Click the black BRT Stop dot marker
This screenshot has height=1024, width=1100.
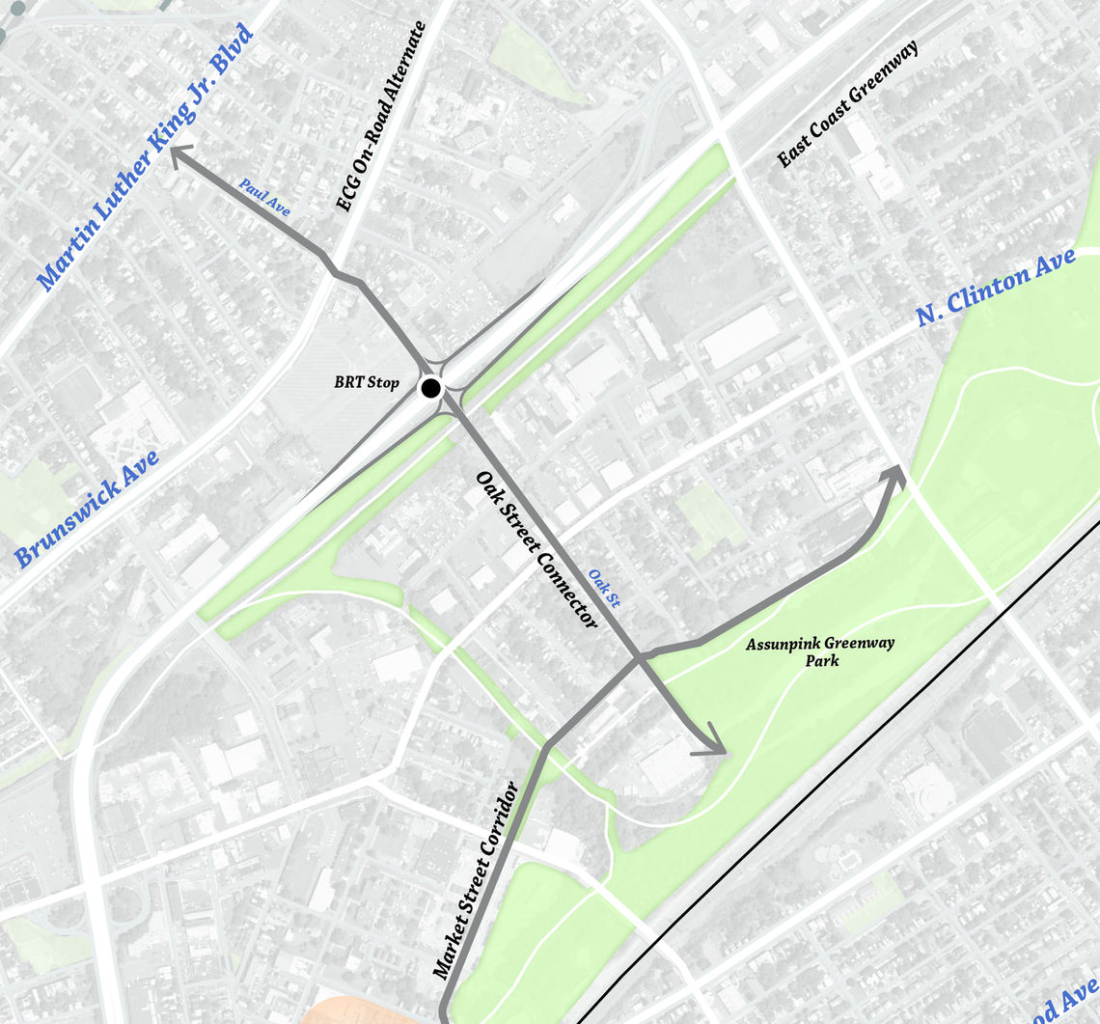(430, 388)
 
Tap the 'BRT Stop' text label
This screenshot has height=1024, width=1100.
(367, 383)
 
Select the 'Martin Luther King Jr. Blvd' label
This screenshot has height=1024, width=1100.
(145, 158)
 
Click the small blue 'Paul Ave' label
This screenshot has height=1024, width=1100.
(265, 197)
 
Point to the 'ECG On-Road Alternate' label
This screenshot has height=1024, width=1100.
(380, 118)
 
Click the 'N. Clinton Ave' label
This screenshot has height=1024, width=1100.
(995, 287)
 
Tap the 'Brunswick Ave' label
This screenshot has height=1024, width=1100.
(88, 509)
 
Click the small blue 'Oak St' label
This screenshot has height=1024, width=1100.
(605, 589)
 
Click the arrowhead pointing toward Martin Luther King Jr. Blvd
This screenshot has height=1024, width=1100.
(180, 155)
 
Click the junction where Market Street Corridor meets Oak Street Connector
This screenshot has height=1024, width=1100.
(639, 658)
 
